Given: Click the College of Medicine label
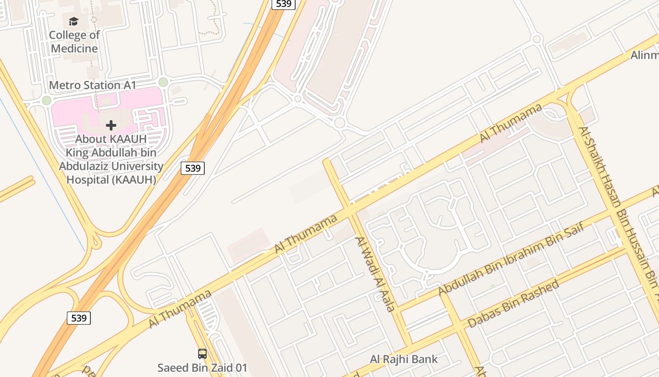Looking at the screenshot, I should coord(74,42).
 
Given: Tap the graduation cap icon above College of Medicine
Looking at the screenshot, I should coord(73,21).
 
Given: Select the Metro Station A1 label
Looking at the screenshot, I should coord(93,85).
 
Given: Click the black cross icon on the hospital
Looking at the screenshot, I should coord(111,125).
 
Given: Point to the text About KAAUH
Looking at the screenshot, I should coord(111,139).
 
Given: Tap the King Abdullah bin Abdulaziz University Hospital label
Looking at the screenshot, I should coord(111,166).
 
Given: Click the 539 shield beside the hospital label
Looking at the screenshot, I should coord(193,168).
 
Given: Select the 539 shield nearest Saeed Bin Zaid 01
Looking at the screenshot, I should coord(79,318).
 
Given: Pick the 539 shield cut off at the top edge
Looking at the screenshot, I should coord(283,4).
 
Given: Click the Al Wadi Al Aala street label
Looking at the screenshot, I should coord(375,274).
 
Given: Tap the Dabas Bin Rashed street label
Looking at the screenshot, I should coord(514,303).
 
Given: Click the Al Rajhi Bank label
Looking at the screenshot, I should coord(403,360).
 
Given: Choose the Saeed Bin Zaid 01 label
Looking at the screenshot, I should coord(202,368).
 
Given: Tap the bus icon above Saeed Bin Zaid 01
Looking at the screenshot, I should coord(202,354).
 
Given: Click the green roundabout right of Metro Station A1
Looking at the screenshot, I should coord(163,82).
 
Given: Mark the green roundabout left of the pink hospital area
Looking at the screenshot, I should coord(46,100).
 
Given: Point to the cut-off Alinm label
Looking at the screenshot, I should coord(644,56).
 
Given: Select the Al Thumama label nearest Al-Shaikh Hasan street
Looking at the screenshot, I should coord(511,123).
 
